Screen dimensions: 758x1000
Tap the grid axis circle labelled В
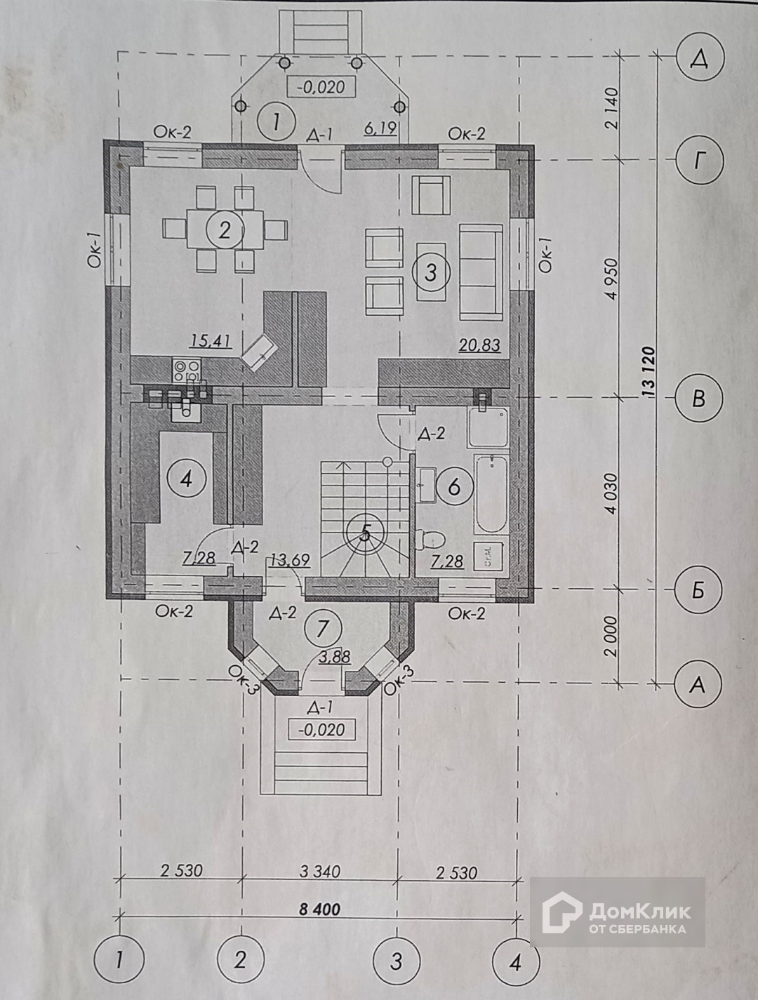pyautogui.click(x=698, y=399)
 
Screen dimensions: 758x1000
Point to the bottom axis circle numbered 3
pyautogui.click(x=396, y=960)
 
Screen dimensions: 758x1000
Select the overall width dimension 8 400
pyautogui.click(x=319, y=909)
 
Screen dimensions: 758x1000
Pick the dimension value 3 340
pyautogui.click(x=319, y=872)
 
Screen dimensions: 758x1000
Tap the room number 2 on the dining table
pyautogui.click(x=224, y=229)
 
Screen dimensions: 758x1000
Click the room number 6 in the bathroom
pyautogui.click(x=454, y=486)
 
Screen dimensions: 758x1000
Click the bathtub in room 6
pyautogui.click(x=491, y=495)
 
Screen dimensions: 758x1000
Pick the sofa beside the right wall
pyautogui.click(x=480, y=270)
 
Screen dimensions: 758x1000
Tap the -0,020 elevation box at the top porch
pyautogui.click(x=321, y=87)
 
